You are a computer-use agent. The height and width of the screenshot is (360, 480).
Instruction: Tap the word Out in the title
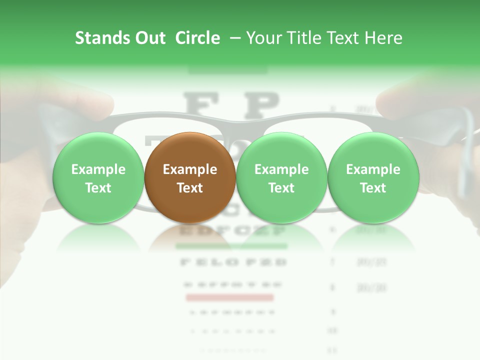tap(148, 38)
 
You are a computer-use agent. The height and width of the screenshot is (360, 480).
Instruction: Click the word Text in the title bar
tap(342, 38)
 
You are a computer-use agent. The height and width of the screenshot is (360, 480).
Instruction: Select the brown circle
tap(190, 178)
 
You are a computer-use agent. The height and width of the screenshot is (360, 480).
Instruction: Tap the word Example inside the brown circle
tap(190, 169)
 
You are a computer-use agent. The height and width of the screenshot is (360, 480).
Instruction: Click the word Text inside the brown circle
tap(190, 188)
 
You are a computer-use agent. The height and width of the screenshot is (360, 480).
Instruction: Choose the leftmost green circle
tap(98, 178)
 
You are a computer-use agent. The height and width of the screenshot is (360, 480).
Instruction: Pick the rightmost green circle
tap(373, 178)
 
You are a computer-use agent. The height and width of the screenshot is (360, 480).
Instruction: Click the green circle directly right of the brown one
tap(281, 178)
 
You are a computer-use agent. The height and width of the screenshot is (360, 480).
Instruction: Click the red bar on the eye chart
tap(229, 298)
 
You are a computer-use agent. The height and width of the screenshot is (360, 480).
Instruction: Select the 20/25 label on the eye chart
tap(365, 262)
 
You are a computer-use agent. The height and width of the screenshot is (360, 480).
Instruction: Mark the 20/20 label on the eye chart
tap(365, 287)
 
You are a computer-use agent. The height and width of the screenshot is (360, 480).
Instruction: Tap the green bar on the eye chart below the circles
tap(231, 246)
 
